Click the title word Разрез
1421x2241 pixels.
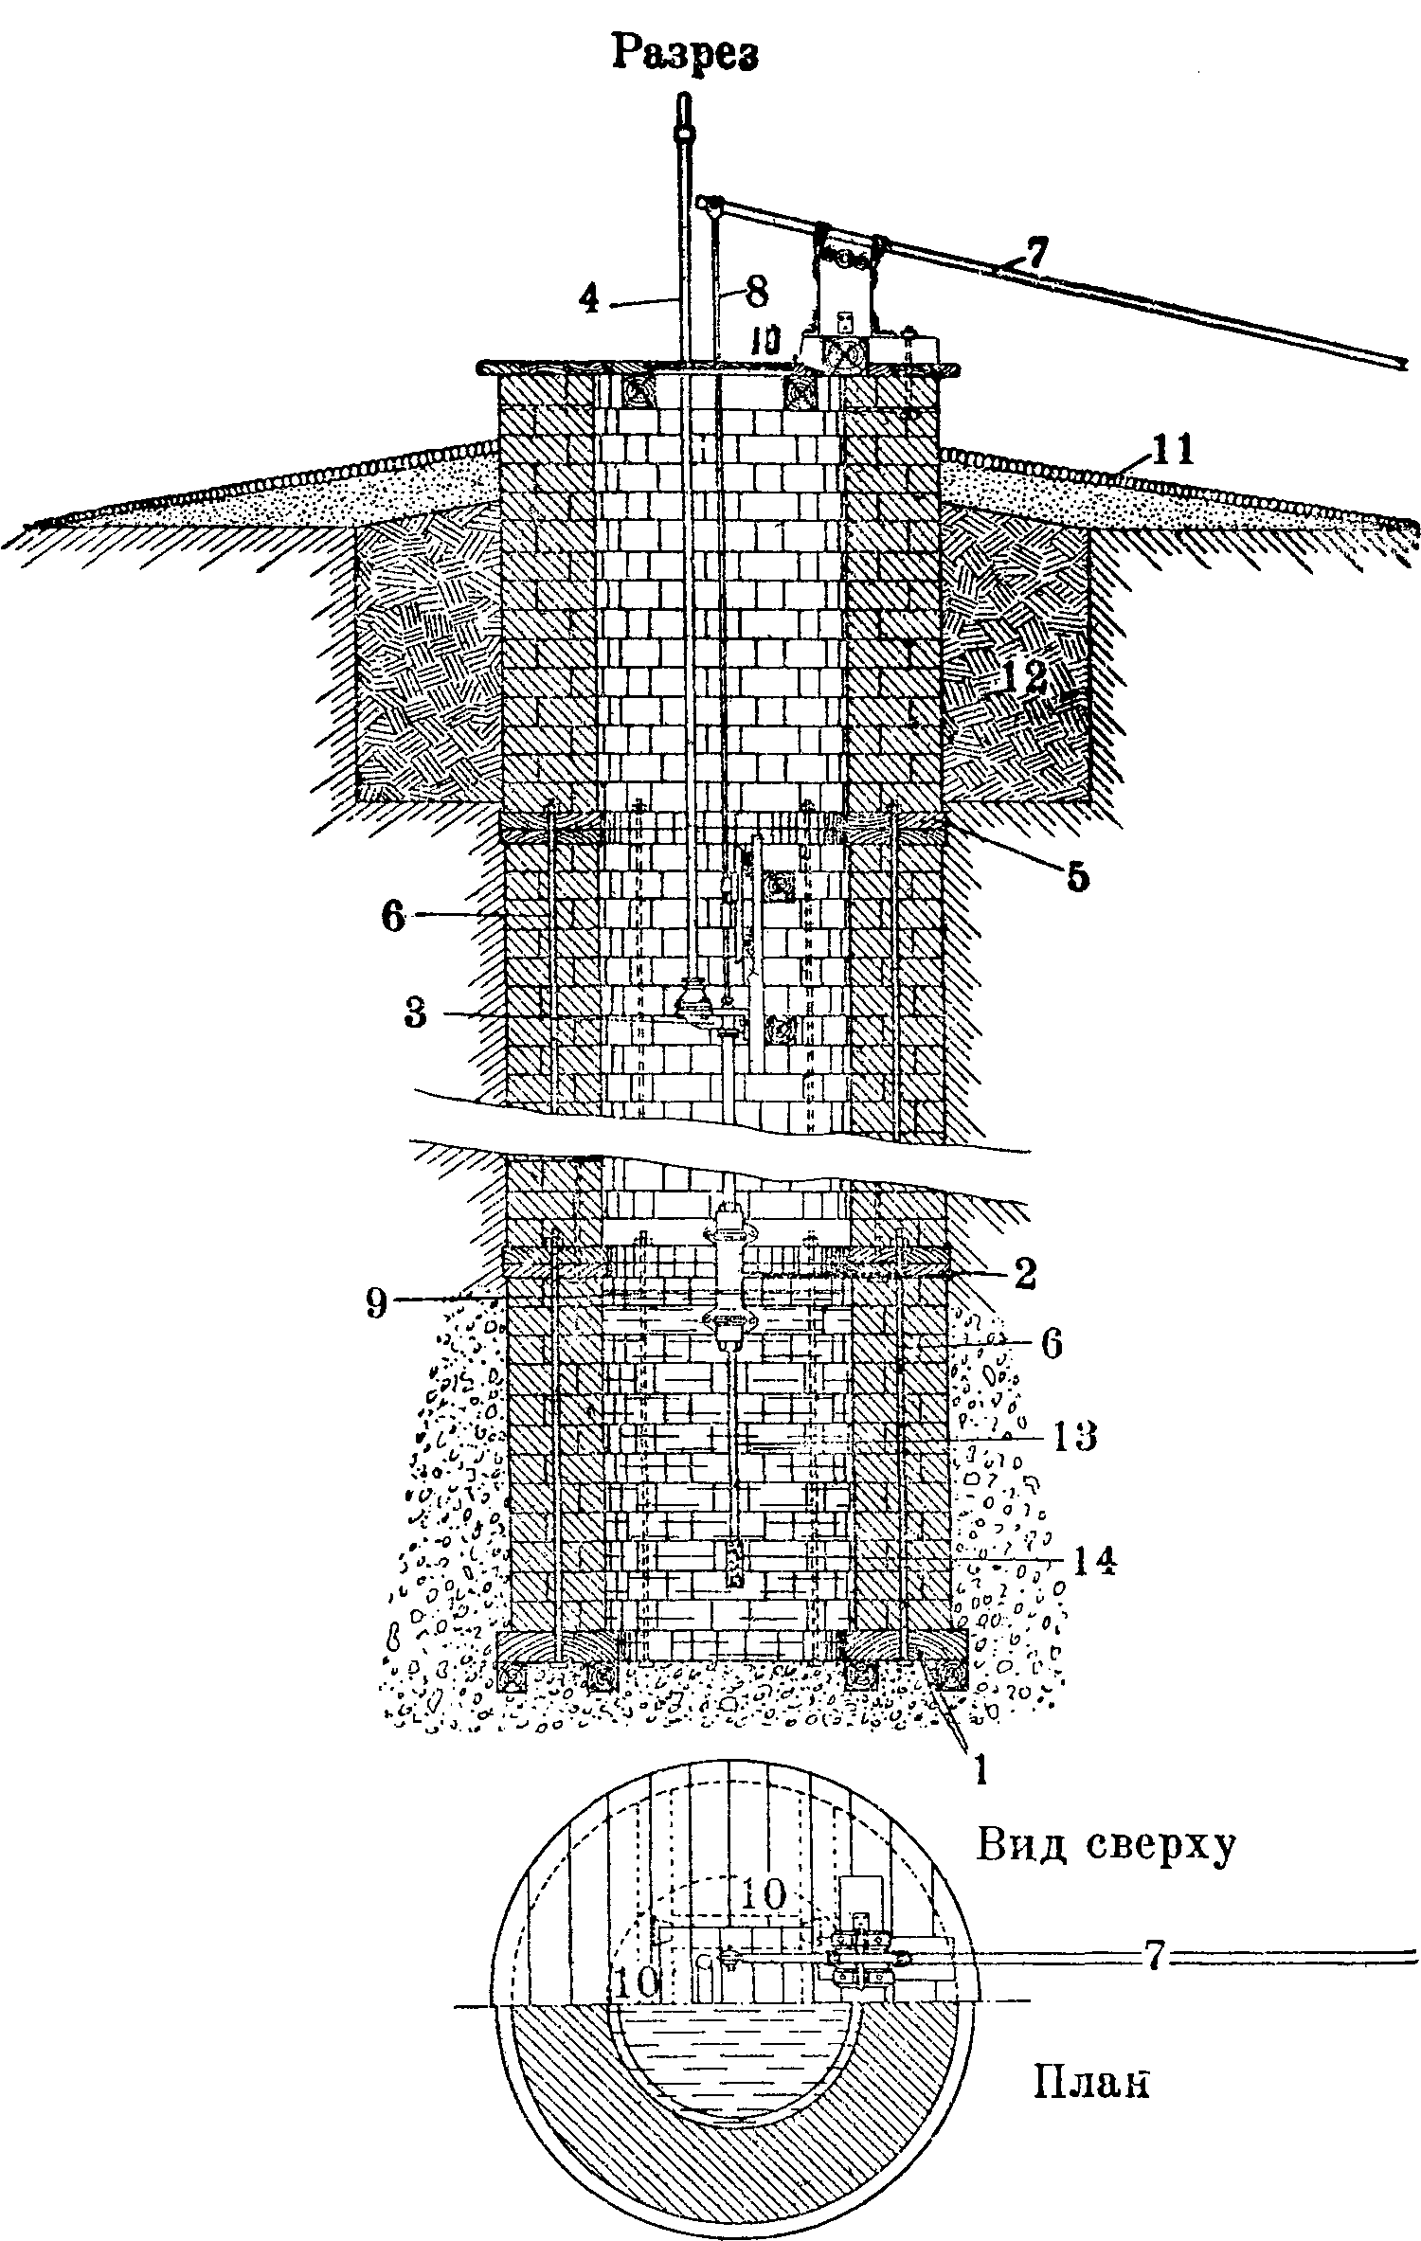[x=685, y=53]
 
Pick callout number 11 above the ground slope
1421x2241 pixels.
[x=1174, y=448]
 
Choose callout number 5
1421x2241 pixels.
[x=1077, y=876]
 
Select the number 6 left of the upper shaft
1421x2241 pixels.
[x=395, y=916]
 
